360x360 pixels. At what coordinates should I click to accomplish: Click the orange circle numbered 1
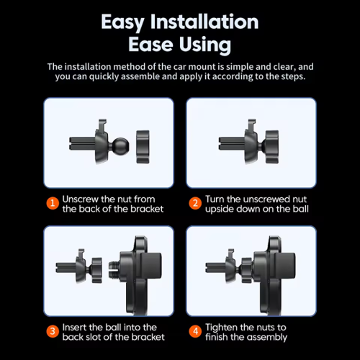pyautogui.click(x=53, y=203)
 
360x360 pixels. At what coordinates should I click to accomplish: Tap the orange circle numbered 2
pyautogui.click(x=195, y=203)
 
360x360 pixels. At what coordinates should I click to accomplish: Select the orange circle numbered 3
pyautogui.click(x=53, y=331)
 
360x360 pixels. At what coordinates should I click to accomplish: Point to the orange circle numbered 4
pyautogui.click(x=195, y=331)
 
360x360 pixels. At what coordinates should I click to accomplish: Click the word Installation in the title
pyautogui.click(x=204, y=22)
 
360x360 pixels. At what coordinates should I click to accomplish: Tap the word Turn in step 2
pyautogui.click(x=215, y=199)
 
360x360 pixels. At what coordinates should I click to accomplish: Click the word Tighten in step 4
pyautogui.click(x=221, y=328)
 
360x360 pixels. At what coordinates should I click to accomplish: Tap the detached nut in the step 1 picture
pyautogui.click(x=143, y=147)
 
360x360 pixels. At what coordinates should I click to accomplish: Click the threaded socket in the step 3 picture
pyautogui.click(x=114, y=270)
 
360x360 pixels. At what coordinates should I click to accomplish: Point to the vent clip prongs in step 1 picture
pyautogui.click(x=82, y=143)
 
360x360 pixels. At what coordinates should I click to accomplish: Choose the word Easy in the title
pyautogui.click(x=122, y=22)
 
